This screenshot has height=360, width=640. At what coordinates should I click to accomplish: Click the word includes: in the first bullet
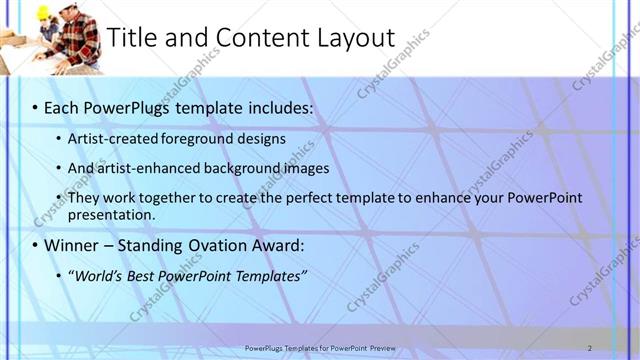click(x=281, y=105)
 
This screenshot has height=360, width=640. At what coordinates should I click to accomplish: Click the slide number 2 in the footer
click(x=590, y=348)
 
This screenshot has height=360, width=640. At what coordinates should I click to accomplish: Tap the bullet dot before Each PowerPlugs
click(x=34, y=106)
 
